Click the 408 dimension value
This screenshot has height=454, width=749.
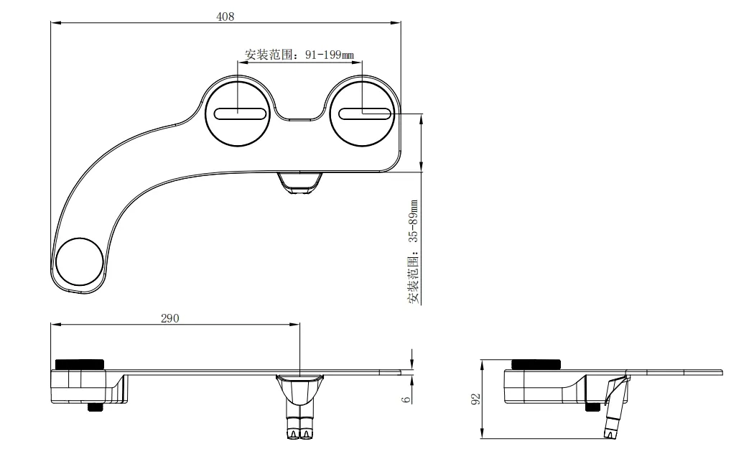coord(225,16)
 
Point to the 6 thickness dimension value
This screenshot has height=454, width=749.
coord(406,398)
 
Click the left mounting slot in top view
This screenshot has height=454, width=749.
coord(238,113)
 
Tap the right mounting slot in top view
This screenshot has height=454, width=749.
coord(365,112)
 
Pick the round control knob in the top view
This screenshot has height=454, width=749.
coord(80,260)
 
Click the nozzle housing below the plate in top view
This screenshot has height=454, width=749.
coord(299,182)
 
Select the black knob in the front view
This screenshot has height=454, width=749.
coord(80,363)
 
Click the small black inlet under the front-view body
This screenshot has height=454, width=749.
coord(94,407)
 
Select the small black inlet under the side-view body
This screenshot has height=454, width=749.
coord(593,407)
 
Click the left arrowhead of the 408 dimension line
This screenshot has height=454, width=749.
coord(55,22)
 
